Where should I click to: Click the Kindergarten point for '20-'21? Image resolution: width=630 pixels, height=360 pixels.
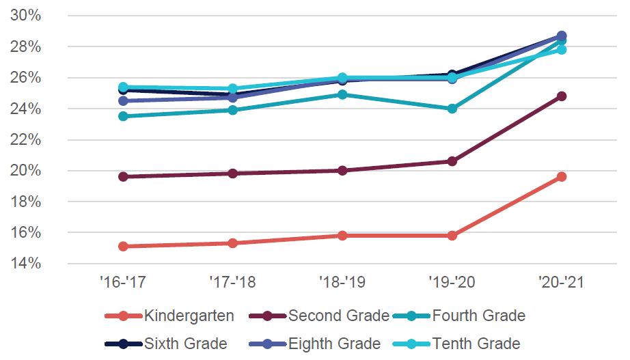point(561,177)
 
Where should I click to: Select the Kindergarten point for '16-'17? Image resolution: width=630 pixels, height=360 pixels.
point(123,247)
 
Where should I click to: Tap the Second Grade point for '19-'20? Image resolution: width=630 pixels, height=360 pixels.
point(452,161)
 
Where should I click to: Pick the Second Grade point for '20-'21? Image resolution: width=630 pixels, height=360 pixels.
point(561,96)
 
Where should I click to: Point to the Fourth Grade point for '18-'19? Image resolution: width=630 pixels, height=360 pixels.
point(342,95)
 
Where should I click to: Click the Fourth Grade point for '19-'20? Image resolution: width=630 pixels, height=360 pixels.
point(452,109)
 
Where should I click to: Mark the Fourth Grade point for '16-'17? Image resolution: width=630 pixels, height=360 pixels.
point(123,116)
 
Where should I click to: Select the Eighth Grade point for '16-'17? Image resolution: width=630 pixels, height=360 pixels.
point(123,101)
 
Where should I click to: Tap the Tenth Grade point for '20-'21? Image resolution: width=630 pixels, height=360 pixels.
point(561,50)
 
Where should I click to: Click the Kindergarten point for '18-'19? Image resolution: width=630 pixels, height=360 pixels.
point(342,236)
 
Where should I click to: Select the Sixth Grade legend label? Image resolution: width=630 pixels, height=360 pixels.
point(185,344)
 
